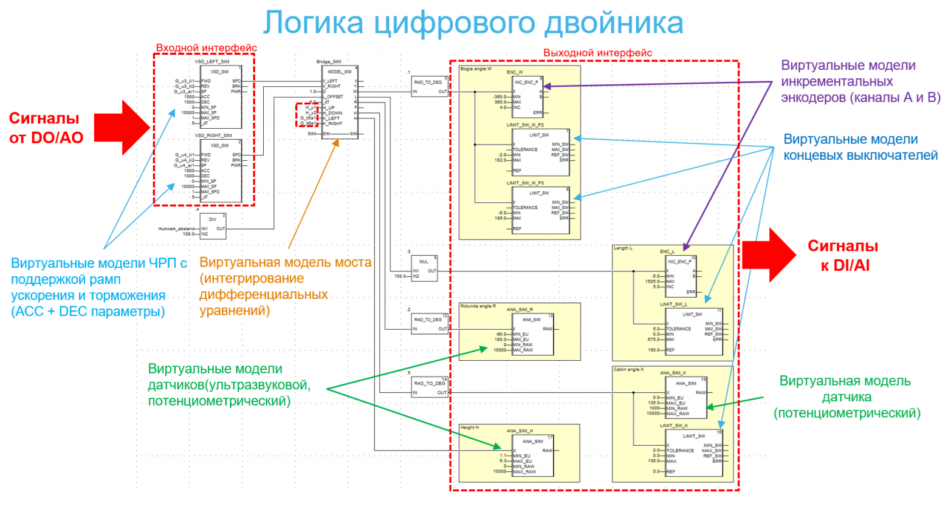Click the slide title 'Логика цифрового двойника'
pos(473,23)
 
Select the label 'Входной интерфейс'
pos(207,48)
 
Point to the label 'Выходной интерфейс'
pos(597,53)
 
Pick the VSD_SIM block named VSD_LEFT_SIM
pos(221,97)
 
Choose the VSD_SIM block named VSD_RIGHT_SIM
pos(221,171)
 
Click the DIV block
pos(213,226)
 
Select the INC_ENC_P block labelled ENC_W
pos(527,97)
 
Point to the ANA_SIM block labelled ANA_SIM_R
pos(533,334)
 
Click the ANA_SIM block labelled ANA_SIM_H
pos(533,455)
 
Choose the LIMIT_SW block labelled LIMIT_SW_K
pos(694,453)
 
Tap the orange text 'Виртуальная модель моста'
pos(285,262)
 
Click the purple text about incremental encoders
pos(859,81)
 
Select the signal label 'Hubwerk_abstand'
pos(176,229)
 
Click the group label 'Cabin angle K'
pos(628,369)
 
